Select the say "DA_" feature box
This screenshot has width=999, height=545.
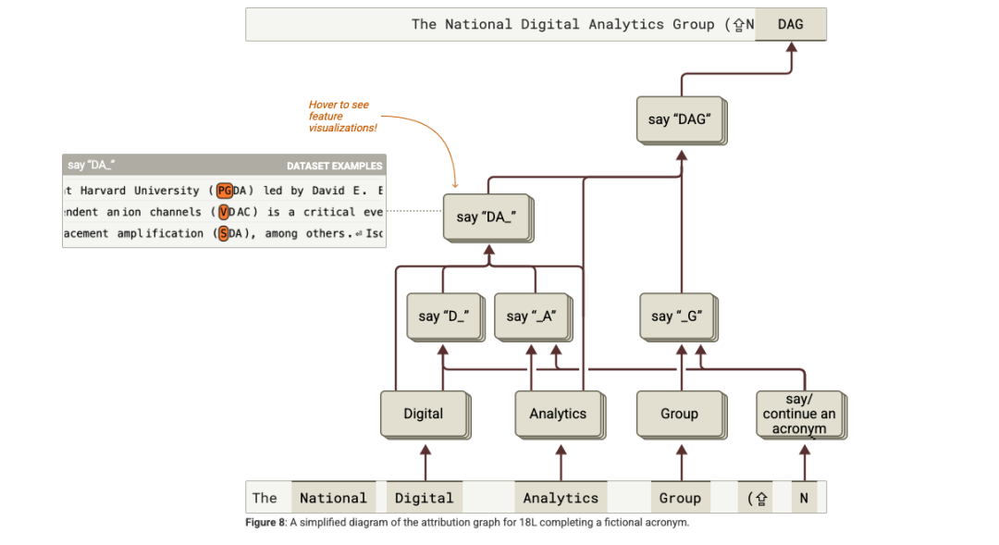(x=486, y=217)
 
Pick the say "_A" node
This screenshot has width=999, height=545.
(x=531, y=316)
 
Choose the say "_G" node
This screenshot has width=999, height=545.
(x=677, y=316)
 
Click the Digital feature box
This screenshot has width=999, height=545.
(x=424, y=414)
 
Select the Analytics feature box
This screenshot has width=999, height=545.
(x=558, y=414)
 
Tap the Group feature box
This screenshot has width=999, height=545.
(x=679, y=414)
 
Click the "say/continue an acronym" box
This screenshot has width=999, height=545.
(x=799, y=414)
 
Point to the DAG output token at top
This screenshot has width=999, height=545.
(x=791, y=24)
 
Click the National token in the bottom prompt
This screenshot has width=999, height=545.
(x=333, y=498)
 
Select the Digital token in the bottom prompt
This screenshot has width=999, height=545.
(x=424, y=498)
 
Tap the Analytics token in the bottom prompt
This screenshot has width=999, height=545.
(x=561, y=498)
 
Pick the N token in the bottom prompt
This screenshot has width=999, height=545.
(x=804, y=498)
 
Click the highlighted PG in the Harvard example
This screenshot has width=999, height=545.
(x=225, y=191)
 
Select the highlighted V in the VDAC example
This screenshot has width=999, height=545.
(x=224, y=212)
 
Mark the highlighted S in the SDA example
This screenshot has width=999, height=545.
(x=223, y=233)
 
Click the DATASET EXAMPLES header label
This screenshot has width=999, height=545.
(x=334, y=166)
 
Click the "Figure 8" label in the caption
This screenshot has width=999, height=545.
(x=265, y=523)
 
